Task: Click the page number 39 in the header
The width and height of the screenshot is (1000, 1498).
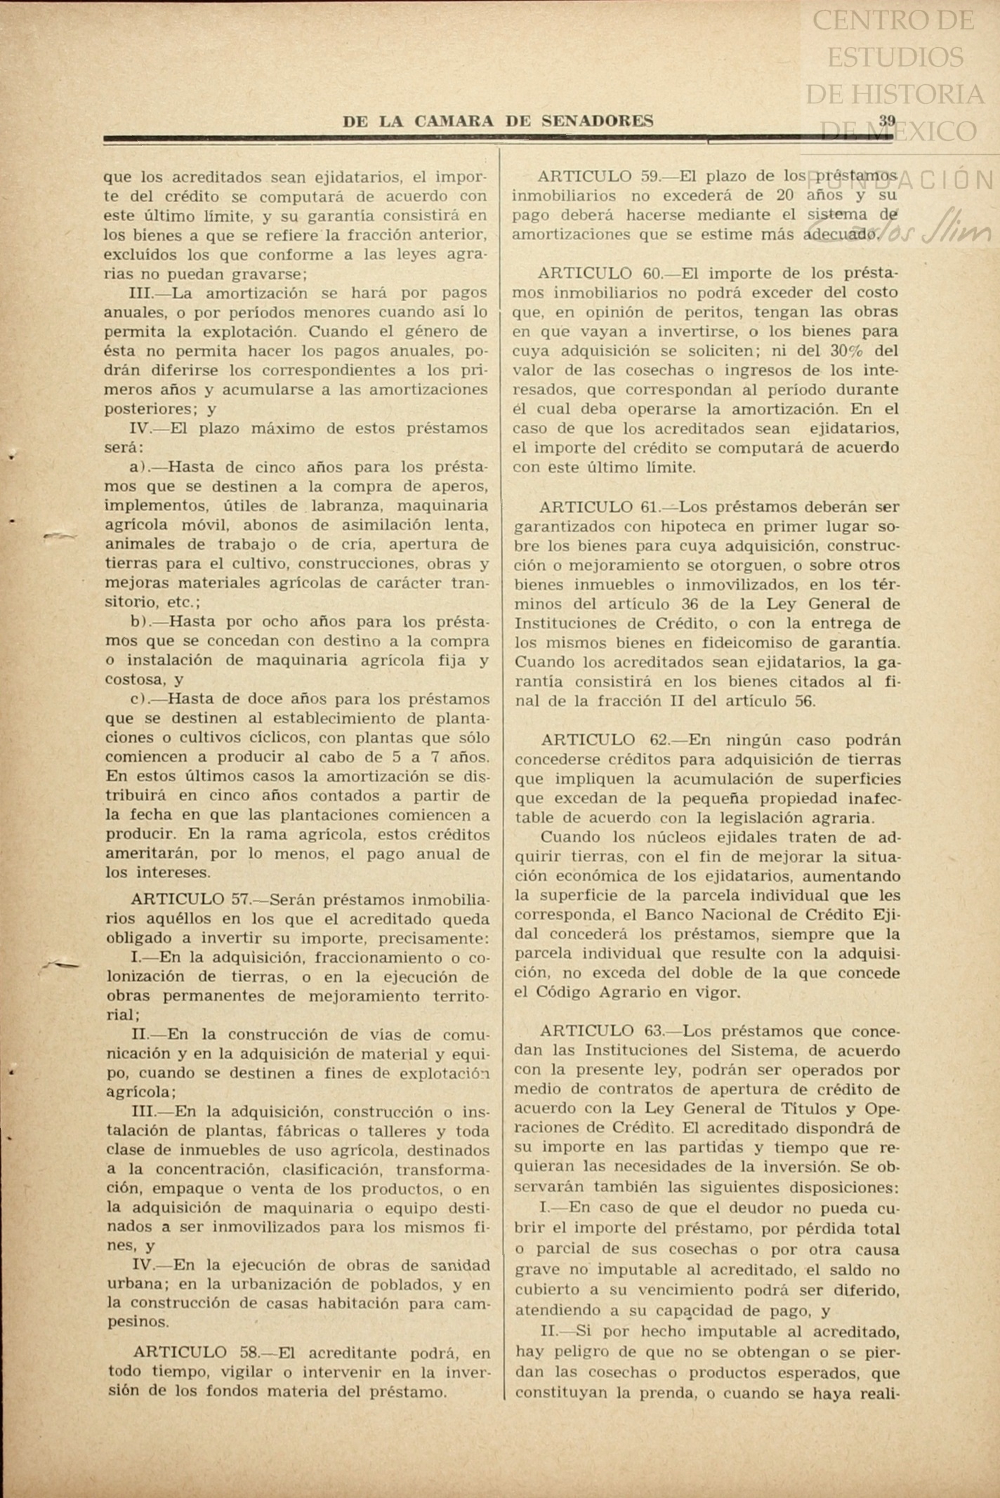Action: click(887, 120)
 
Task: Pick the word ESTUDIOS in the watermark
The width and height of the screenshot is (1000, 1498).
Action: click(895, 56)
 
